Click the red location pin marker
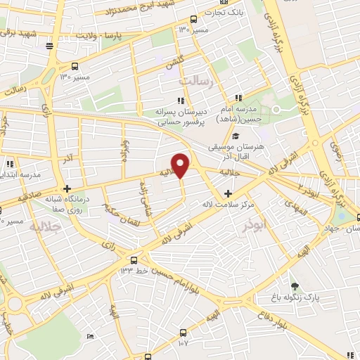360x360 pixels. (x=181, y=165)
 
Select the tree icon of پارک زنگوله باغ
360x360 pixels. (x=295, y=287)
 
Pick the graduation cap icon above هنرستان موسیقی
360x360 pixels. (x=236, y=136)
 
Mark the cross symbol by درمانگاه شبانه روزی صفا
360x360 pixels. (x=67, y=188)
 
